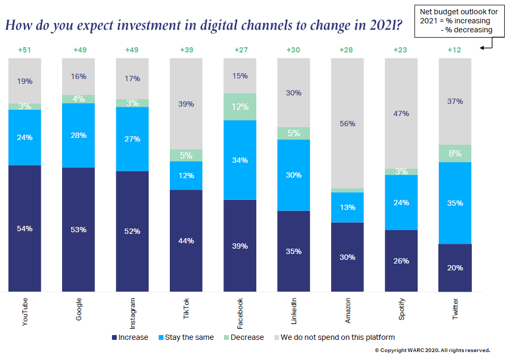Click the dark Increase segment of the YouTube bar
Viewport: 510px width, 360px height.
[24, 229]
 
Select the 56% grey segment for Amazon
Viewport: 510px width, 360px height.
[348, 123]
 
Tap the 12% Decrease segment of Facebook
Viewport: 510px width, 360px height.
[240, 107]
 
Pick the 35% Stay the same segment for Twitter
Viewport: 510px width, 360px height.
[455, 203]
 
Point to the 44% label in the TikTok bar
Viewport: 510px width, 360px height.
[186, 241]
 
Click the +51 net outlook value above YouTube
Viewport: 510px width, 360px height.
[24, 50]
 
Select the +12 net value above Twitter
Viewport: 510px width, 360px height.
[455, 50]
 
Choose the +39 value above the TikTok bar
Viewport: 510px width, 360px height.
[186, 50]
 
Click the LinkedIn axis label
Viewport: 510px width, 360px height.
[294, 311]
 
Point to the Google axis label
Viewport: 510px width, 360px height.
[79, 310]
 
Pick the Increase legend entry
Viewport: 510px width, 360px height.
[130, 337]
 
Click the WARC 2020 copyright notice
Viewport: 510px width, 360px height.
[432, 350]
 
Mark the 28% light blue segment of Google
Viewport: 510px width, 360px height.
[79, 135]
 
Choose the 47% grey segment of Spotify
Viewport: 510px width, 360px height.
[401, 113]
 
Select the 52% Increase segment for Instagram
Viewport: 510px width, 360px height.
[132, 231]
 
